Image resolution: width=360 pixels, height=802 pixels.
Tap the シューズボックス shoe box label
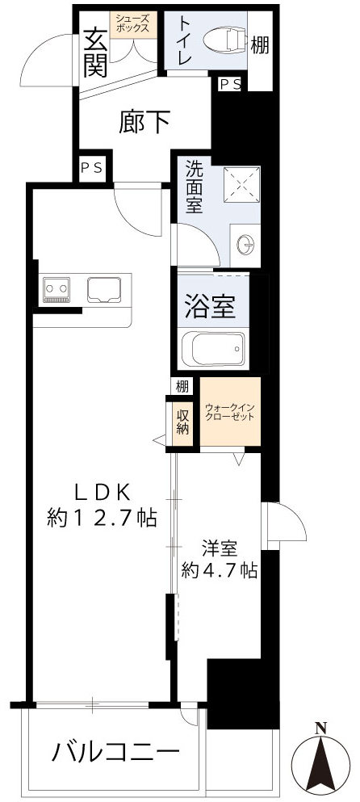pos(131,22)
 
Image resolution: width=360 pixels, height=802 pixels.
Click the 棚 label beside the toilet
pos(260,46)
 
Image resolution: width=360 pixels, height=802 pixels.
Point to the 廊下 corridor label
pos(145,122)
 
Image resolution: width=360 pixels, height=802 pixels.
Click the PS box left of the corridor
pos(90,167)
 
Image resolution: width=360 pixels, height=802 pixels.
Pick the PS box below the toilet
pos(230,83)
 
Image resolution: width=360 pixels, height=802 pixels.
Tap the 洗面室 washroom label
pos(195,187)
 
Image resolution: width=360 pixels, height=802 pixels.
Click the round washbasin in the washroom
pos(246,241)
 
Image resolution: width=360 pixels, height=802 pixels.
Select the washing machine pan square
pos(240,184)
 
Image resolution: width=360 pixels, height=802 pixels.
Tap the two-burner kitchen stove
pos(57,289)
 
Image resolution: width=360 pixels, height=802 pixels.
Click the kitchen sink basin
pos(104,288)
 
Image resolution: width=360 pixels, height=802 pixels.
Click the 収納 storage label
pos(182,422)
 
